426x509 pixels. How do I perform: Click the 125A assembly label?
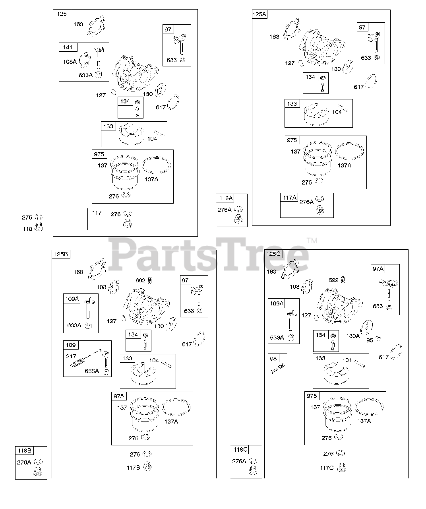click(x=259, y=15)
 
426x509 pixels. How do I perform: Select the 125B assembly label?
click(x=60, y=254)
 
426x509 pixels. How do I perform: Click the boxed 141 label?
click(x=68, y=47)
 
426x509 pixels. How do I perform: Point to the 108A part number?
click(x=70, y=62)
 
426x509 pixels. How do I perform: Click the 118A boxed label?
click(x=225, y=198)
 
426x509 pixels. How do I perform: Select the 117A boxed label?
click(x=290, y=198)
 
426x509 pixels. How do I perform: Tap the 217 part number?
click(x=71, y=356)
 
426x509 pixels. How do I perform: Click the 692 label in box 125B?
click(x=140, y=280)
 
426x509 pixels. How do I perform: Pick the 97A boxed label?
click(x=378, y=269)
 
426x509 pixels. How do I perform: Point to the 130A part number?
click(x=352, y=336)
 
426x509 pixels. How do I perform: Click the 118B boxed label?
click(x=24, y=451)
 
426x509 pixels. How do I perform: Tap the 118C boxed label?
click(x=240, y=450)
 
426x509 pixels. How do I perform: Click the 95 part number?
click(x=370, y=340)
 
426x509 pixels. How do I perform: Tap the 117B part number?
click(x=134, y=468)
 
